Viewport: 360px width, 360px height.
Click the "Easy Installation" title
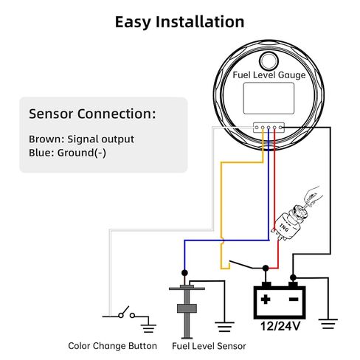(x=179, y=22)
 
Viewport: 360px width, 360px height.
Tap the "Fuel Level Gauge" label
(x=269, y=75)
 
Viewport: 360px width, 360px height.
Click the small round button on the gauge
(x=269, y=60)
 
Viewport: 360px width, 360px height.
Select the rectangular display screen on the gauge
(x=269, y=98)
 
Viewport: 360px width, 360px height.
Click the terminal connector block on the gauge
(x=269, y=128)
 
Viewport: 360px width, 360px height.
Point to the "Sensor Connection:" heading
(x=92, y=114)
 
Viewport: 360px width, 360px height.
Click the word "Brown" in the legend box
(x=45, y=139)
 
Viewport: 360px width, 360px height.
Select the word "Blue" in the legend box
(x=39, y=153)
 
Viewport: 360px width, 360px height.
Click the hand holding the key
(x=312, y=195)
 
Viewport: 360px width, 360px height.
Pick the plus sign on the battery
(x=266, y=300)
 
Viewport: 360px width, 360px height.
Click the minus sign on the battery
(x=294, y=300)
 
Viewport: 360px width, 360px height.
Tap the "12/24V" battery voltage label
(x=280, y=326)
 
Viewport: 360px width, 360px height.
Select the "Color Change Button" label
(x=112, y=346)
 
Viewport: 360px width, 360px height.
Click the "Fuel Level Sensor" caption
(x=209, y=346)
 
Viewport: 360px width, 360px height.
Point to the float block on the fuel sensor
(x=187, y=308)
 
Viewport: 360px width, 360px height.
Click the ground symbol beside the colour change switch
(x=148, y=328)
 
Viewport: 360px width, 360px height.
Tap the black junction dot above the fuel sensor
(x=184, y=273)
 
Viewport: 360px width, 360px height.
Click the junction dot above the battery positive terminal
(x=266, y=268)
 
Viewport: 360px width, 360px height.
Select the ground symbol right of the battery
(x=328, y=324)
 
